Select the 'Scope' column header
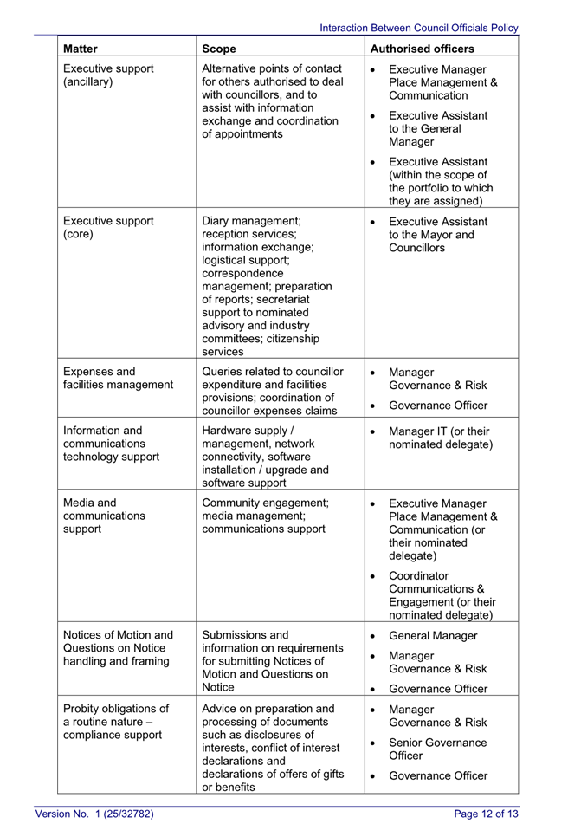point(219,49)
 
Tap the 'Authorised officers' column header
point(423,49)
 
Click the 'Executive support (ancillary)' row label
point(108,75)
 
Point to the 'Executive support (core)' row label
point(108,227)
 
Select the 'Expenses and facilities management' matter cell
point(118,378)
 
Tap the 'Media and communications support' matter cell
point(104,516)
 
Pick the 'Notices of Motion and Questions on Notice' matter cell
point(118,648)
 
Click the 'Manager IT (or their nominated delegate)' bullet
point(440,438)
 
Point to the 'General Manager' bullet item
point(433,635)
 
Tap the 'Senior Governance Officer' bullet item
point(437,749)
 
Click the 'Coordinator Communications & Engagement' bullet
point(442,595)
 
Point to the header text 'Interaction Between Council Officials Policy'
point(419,28)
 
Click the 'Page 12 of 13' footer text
point(486,813)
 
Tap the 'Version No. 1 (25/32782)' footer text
point(94,813)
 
